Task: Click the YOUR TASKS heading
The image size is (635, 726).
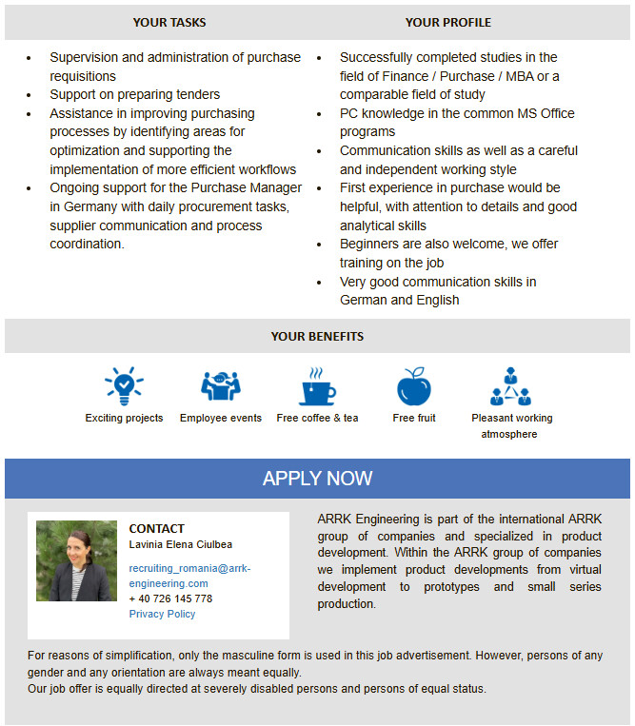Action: [x=169, y=22]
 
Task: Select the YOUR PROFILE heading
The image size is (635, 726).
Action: [x=447, y=22]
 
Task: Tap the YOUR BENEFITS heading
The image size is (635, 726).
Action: [x=317, y=336]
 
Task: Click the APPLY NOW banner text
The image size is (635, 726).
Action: [x=317, y=479]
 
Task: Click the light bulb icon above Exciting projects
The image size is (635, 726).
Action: [x=124, y=386]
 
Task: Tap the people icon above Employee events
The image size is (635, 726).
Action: [x=220, y=386]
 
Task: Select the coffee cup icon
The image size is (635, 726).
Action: [x=317, y=386]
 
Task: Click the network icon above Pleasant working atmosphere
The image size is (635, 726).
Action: [x=511, y=385]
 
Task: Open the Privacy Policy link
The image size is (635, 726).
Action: [x=162, y=614]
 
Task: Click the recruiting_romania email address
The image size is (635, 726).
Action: [x=189, y=576]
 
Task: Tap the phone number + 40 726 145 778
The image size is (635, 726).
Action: [x=170, y=598]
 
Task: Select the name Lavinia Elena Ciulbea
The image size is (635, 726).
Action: [x=180, y=544]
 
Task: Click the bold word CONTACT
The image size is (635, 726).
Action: [x=156, y=528]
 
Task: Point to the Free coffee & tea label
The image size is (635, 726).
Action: [x=317, y=418]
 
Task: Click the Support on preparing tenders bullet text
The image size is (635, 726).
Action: [x=134, y=94]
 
